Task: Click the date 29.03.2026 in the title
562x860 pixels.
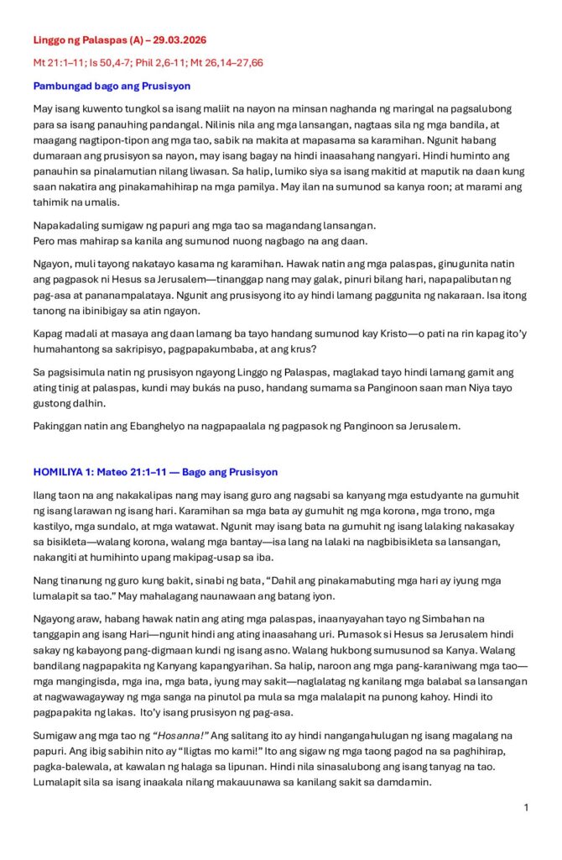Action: click(x=177, y=39)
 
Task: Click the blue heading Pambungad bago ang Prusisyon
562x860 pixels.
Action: click(x=112, y=86)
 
